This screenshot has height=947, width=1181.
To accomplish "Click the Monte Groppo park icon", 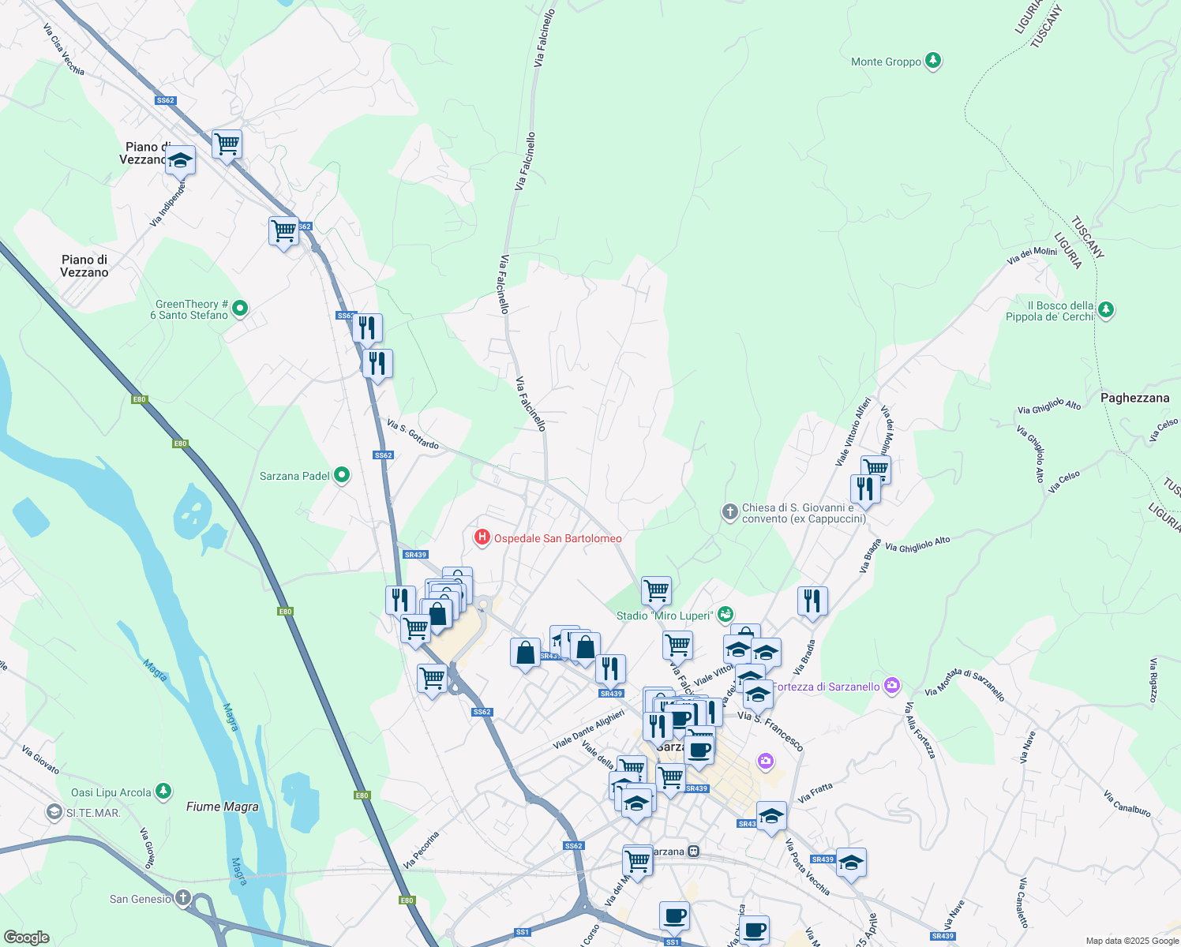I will click(x=932, y=61).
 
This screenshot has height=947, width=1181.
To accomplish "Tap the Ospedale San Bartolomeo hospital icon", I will click(x=481, y=538).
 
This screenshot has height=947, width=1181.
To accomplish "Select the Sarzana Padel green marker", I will click(x=341, y=475).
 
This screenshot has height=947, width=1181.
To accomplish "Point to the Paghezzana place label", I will click(x=1134, y=398).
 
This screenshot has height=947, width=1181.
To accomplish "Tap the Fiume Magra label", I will click(x=222, y=807).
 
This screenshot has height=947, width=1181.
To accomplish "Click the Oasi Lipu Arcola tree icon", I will click(x=163, y=792).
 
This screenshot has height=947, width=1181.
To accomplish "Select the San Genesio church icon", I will click(x=182, y=898).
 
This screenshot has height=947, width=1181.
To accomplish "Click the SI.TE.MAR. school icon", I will click(x=54, y=812).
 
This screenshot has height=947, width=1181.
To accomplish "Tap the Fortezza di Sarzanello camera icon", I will click(x=891, y=686).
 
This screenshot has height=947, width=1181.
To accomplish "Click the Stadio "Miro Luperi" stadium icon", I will click(x=725, y=614).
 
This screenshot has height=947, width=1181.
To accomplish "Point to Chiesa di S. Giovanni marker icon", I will click(x=729, y=512).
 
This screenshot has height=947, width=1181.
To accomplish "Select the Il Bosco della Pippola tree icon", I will click(x=1105, y=309).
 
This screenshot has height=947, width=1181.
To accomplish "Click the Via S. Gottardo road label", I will click(x=413, y=435).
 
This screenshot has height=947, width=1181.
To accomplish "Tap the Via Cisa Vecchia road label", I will click(x=63, y=49).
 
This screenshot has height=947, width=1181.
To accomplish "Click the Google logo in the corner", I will click(x=26, y=937).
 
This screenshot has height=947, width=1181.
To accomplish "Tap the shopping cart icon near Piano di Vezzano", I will click(x=227, y=144).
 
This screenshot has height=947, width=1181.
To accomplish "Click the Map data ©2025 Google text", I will click(x=1131, y=941).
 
